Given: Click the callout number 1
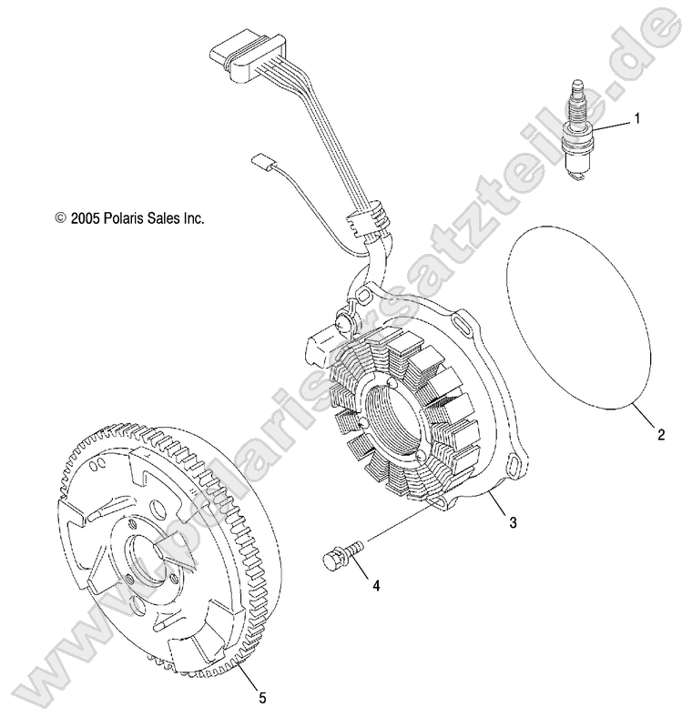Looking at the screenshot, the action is pyautogui.click(x=636, y=119).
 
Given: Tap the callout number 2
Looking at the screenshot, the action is pyautogui.click(x=660, y=434).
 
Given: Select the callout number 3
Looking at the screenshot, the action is pyautogui.click(x=514, y=521).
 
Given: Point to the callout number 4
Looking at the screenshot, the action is pyautogui.click(x=376, y=585).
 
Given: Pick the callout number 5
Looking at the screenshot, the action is pyautogui.click(x=262, y=698).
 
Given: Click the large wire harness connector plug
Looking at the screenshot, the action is pyautogui.click(x=246, y=60).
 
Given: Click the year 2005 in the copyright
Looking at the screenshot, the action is pyautogui.click(x=85, y=218).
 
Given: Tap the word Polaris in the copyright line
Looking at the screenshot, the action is pyautogui.click(x=124, y=218).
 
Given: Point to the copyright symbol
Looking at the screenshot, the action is pyautogui.click(x=60, y=218).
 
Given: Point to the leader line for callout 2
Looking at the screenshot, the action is pyautogui.click(x=645, y=415).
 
